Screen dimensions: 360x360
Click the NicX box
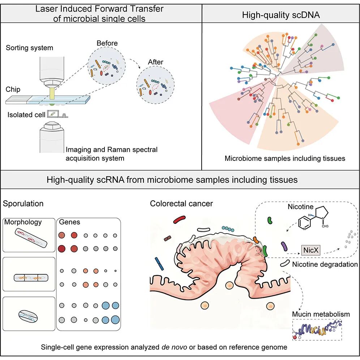[x=312, y=249]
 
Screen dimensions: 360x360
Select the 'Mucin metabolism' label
[x=321, y=314]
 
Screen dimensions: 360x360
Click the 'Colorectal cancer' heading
[x=181, y=203]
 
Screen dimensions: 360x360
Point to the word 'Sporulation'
[x=23, y=203]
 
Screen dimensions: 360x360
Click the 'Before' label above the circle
[x=107, y=43]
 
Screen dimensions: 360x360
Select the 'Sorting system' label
[x=29, y=48]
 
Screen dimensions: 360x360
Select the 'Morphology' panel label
[x=23, y=222]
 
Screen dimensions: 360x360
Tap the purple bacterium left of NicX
[x=284, y=247]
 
